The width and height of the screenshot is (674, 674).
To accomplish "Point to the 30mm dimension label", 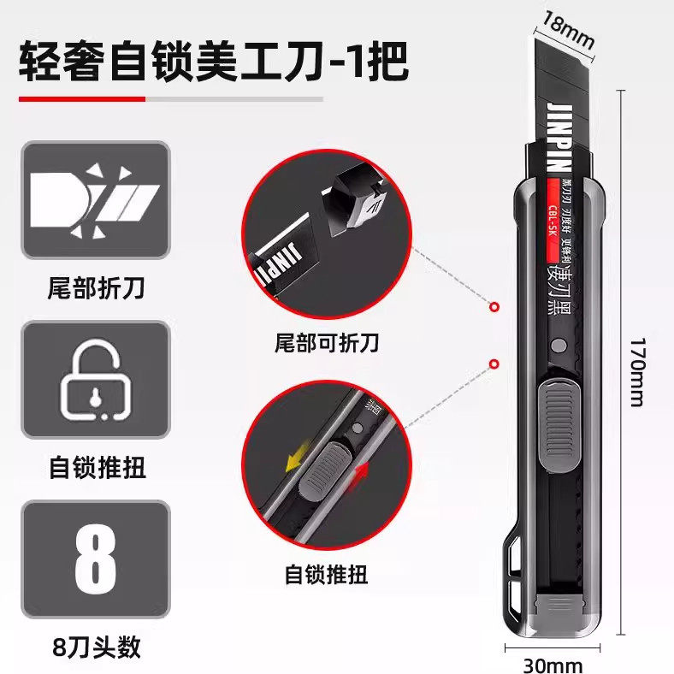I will pos(553,664).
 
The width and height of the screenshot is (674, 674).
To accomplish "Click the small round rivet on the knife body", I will pos(559,347).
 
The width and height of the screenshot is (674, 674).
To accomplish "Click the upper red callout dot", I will pos(494,306).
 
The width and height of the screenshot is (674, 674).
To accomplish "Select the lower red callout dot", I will pos(494,364).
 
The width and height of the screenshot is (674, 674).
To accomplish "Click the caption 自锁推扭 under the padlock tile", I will pos(94,468).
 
